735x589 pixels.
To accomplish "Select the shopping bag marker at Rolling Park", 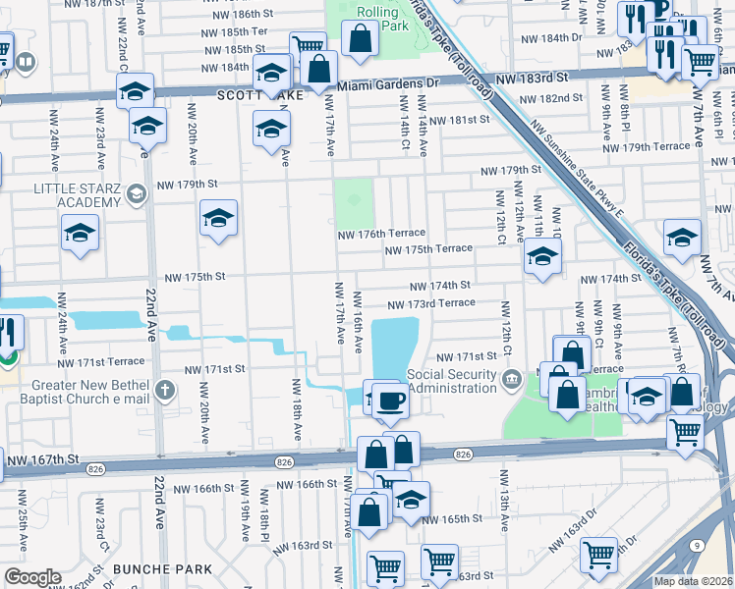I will [361, 39].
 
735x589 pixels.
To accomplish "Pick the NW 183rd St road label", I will [533, 77].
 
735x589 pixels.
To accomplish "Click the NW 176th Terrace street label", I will [381, 234].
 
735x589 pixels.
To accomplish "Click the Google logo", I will [31, 577].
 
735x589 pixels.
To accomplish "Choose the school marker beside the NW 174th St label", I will [541, 259].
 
